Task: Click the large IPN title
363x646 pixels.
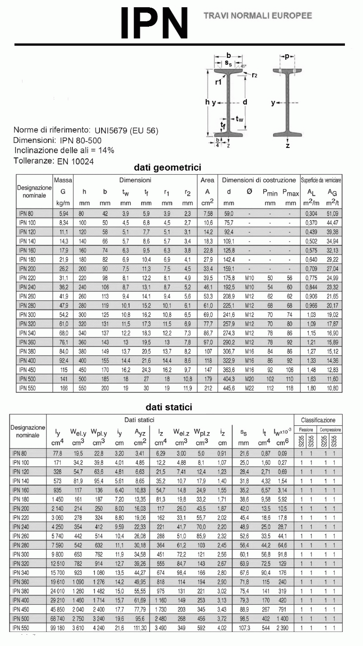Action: (x=154, y=23)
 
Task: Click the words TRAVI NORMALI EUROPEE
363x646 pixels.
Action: (x=258, y=16)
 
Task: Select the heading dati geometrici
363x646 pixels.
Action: (x=167, y=167)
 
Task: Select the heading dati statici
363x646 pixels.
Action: (x=169, y=407)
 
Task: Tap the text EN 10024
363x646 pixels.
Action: (x=75, y=161)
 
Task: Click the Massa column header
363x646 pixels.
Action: (x=63, y=180)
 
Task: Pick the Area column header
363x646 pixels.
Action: (x=207, y=180)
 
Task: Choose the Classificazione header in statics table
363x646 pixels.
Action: (x=318, y=420)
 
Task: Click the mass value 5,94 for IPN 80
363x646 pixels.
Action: (x=63, y=213)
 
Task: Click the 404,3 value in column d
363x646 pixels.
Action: (x=229, y=379)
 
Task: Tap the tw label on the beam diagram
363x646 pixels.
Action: (x=240, y=119)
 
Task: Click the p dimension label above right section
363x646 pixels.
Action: (x=287, y=56)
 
